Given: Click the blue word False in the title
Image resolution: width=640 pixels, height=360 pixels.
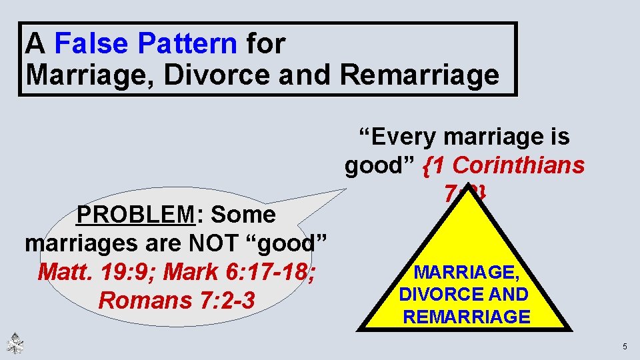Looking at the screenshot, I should [95, 44].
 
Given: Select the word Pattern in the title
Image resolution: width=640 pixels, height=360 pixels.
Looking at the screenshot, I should [188, 44].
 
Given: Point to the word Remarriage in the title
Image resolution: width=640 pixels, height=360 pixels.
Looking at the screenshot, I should [419, 75].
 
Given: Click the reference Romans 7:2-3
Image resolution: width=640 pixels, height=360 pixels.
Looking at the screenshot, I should [177, 301].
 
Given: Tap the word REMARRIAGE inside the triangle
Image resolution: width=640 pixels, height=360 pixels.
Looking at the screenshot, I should [467, 317].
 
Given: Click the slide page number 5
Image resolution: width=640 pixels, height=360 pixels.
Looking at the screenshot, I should [625, 346].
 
